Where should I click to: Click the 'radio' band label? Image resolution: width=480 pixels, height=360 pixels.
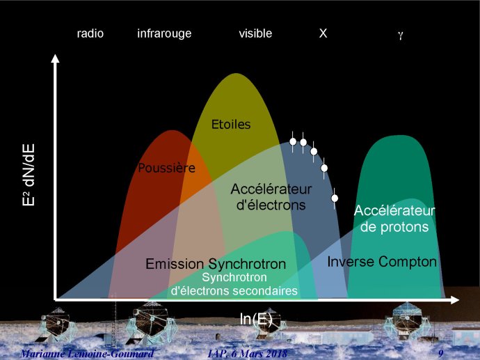90,33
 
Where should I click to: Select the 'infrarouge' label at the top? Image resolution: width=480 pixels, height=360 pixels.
164,33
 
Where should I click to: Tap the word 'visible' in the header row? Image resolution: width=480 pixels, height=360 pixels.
255,33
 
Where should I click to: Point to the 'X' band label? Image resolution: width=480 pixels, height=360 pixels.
323,33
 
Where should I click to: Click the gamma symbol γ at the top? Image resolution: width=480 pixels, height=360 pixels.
401,35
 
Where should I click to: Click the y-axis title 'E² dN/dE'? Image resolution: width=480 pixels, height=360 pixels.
29,175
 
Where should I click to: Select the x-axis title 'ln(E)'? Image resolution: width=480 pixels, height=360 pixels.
256,319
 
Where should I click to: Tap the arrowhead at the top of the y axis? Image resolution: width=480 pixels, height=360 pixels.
55,58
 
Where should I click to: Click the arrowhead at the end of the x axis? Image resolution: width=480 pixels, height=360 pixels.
454,300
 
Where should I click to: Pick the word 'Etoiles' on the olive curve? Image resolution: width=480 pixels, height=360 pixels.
231,125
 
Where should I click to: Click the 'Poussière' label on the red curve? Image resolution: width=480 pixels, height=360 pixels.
166,168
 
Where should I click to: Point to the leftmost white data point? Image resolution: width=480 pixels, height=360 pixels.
293,141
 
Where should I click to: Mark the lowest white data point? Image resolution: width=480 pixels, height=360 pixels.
335,198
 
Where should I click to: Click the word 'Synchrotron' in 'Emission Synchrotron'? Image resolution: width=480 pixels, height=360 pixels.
247,264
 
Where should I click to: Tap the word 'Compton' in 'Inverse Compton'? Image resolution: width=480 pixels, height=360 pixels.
408,262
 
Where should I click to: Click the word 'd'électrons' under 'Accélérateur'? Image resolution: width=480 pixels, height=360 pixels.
271,205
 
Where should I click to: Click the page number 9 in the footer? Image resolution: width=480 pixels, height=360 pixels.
441,353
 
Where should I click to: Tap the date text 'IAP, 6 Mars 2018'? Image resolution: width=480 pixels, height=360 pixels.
248,353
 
